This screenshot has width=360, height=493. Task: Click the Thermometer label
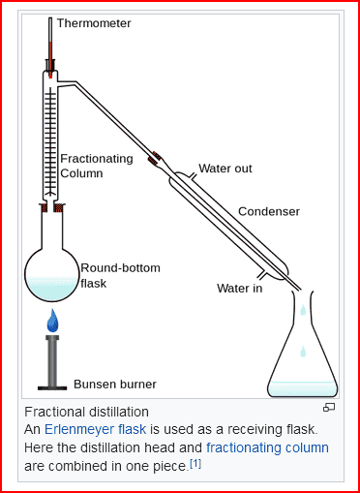click(94, 23)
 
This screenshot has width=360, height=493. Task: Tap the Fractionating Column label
click(97, 166)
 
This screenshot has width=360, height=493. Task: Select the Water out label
click(225, 169)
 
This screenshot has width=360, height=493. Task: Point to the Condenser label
click(269, 211)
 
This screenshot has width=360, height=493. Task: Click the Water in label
click(240, 288)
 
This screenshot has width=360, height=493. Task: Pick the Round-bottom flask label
click(120, 275)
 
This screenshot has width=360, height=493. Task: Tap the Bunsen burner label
click(115, 385)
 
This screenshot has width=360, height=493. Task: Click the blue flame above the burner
click(52, 321)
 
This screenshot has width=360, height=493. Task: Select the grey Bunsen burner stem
click(52, 361)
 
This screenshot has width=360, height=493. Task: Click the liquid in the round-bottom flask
click(52, 288)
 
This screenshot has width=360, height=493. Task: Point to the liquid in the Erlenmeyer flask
click(303, 388)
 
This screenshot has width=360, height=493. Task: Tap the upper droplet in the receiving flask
click(303, 310)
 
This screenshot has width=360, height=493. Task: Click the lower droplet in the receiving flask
click(303, 352)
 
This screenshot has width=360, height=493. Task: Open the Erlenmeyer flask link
click(95, 429)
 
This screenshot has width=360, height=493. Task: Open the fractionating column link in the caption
click(267, 447)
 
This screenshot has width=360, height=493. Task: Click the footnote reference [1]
click(195, 464)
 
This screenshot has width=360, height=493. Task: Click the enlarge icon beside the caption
click(329, 408)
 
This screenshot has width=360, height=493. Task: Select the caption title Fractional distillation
click(86, 412)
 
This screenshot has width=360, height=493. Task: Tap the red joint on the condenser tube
click(155, 158)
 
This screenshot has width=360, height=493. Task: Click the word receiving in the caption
click(255, 430)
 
